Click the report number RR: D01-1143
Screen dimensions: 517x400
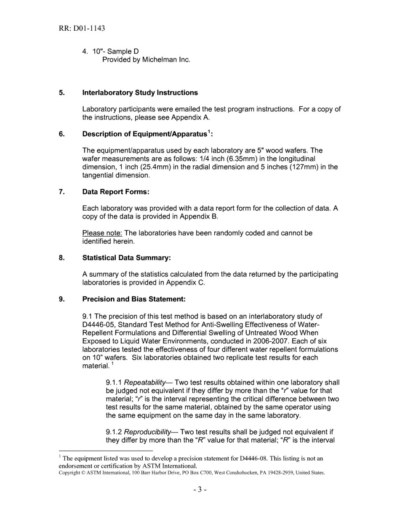[x=82, y=29]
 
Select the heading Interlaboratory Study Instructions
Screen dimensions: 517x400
[x=140, y=92]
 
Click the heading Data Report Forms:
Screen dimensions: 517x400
[x=116, y=192]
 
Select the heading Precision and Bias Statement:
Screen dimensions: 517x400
[x=134, y=299]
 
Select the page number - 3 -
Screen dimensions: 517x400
[x=200, y=489]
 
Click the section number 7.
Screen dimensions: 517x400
[x=61, y=192]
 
